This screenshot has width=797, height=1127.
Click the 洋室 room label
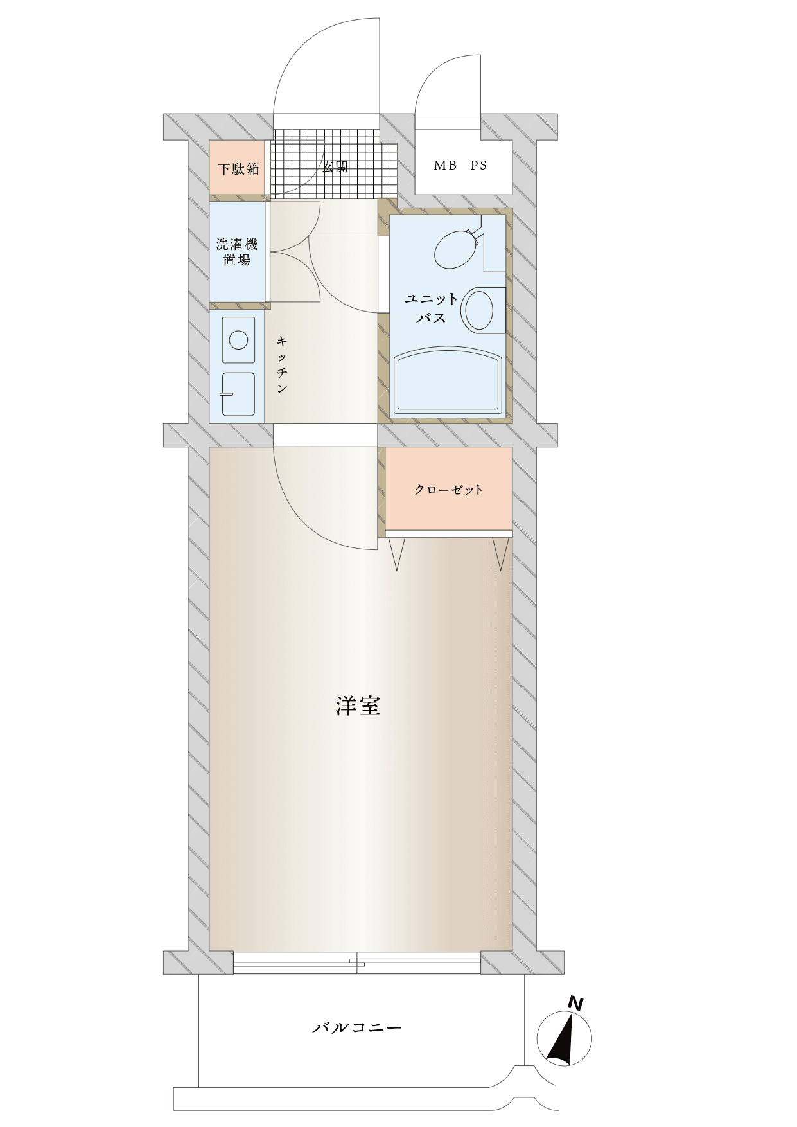pyautogui.click(x=358, y=705)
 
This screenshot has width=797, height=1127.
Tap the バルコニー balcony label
pyautogui.click(x=357, y=1027)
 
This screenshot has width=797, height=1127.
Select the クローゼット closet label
pyautogui.click(x=448, y=490)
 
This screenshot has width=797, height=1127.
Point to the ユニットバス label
pyautogui.click(x=431, y=308)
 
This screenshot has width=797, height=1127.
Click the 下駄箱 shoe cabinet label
pyautogui.click(x=238, y=169)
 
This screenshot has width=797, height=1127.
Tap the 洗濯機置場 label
pyautogui.click(x=237, y=252)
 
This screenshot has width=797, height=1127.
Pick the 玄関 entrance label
pyautogui.click(x=335, y=166)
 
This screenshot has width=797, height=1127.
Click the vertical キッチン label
pyautogui.click(x=282, y=364)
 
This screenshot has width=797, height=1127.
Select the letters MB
pyautogui.click(x=445, y=165)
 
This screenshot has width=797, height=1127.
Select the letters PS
pyautogui.click(x=478, y=165)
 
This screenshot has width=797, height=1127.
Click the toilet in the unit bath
pyautogui.click(x=457, y=249)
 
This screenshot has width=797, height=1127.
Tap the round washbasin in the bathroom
pyautogui.click(x=479, y=310)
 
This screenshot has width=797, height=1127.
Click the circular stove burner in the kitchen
pyautogui.click(x=238, y=339)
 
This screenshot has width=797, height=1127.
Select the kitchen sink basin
pyautogui.click(x=238, y=395)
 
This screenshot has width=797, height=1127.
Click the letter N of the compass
pyautogui.click(x=575, y=1003)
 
